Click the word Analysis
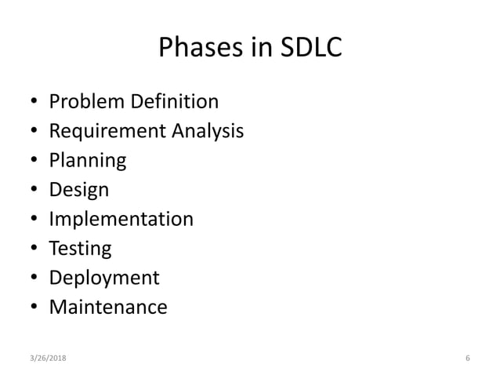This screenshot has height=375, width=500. point(204,131)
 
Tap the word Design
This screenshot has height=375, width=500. point(79,190)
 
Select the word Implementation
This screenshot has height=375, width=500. point(121,219)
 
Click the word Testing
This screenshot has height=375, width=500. point(80,249)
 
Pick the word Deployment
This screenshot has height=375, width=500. point(104,278)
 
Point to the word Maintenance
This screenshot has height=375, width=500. point(108,307)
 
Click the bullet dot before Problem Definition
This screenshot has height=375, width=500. point(34,103)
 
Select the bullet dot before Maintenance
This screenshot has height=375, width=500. point(34,308)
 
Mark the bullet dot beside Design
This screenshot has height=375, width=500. point(34,191)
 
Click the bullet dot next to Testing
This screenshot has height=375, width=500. point(34,249)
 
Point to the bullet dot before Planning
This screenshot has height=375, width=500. point(34,162)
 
